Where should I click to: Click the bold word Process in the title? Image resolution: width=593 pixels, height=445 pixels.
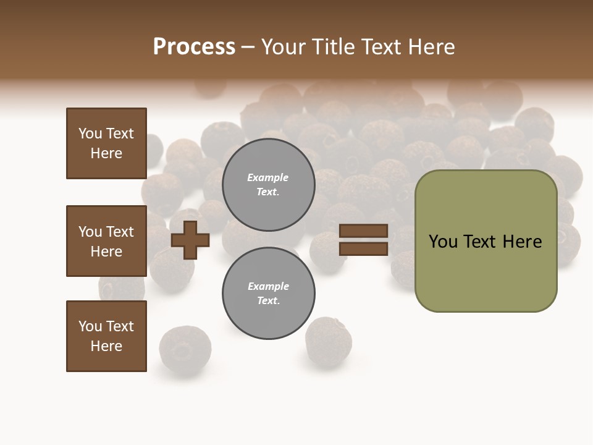194,47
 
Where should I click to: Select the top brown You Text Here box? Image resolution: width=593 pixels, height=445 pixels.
106,143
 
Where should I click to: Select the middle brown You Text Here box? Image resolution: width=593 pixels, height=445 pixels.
106,241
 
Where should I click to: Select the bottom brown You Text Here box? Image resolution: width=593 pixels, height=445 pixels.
106,336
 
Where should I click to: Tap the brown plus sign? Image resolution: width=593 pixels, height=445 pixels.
190,240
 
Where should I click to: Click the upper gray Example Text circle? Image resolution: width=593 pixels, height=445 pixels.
269,185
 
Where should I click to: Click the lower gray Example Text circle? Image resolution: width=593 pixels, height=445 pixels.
269,294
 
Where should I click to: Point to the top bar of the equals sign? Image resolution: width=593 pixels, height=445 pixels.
364,231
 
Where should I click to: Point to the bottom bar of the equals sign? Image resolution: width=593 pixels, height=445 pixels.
364,249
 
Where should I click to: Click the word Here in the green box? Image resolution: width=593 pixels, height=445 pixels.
523,242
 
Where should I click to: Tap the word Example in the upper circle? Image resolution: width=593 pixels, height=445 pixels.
268,178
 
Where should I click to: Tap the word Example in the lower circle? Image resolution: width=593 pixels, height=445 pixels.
268,287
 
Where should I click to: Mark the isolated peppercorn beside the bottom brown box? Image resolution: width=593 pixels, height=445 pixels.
185,349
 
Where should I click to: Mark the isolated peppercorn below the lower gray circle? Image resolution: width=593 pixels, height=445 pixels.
328,342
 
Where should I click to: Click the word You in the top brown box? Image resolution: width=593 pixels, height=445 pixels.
90,133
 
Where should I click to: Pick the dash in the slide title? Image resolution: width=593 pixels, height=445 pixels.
248,48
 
